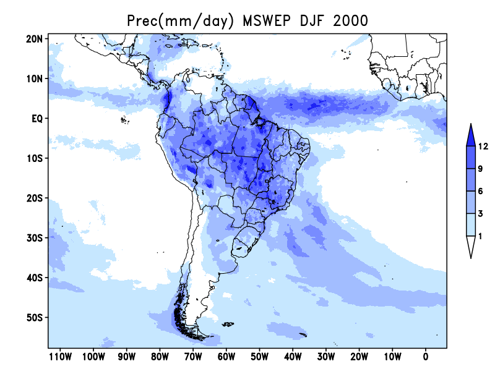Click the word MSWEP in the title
(267, 21)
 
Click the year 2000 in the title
(350, 21)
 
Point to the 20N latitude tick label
(34, 39)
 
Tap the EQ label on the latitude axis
(37, 119)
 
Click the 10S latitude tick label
(35, 158)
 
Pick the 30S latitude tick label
(35, 237)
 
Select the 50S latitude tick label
(35, 317)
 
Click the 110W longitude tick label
(60, 357)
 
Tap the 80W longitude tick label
(160, 357)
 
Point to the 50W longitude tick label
(259, 357)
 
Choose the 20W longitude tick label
(359, 357)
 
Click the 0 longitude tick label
(426, 357)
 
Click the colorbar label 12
(483, 146)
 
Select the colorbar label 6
(481, 191)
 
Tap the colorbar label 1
(480, 236)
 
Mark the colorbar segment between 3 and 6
(471, 202)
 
